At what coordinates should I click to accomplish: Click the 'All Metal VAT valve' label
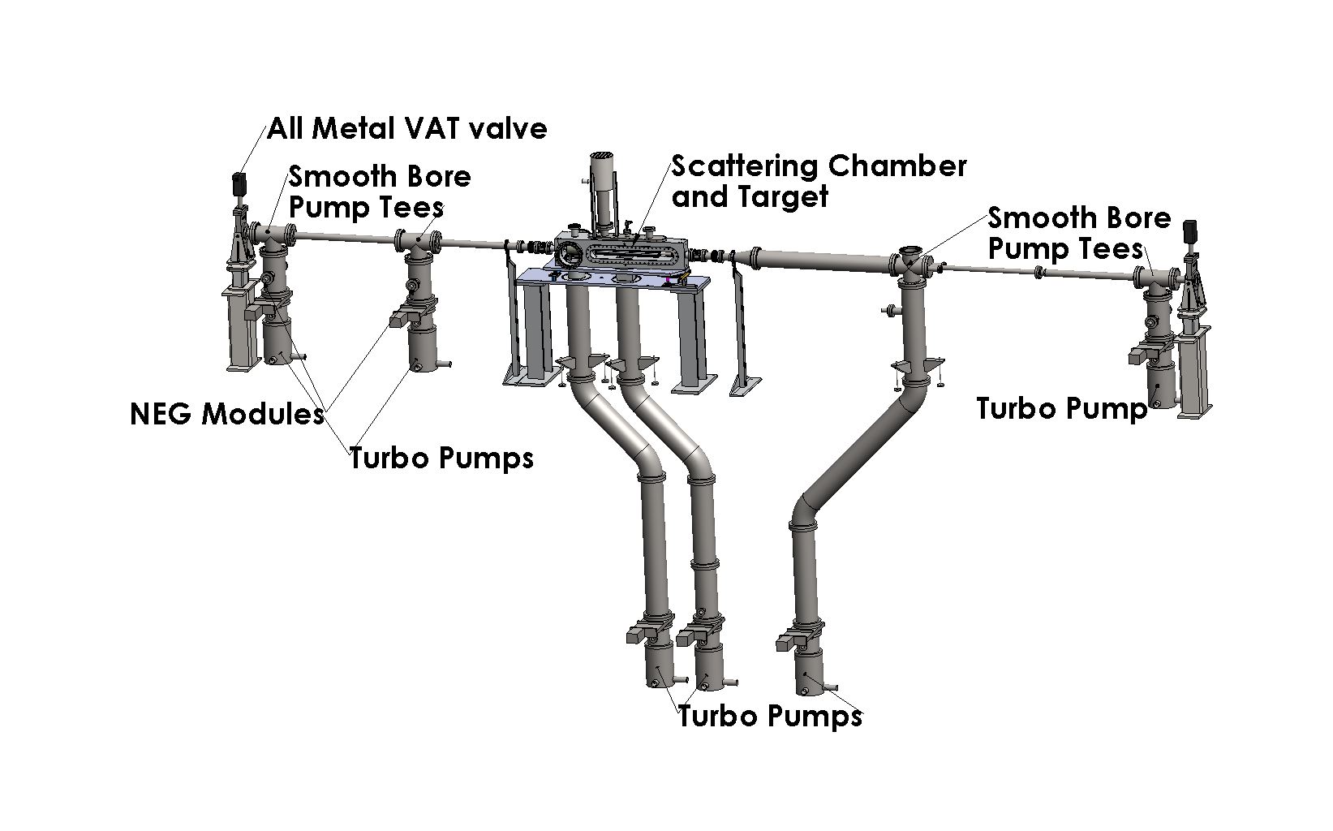(407, 128)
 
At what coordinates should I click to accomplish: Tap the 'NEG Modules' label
(227, 414)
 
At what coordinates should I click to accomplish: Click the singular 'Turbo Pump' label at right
(1061, 408)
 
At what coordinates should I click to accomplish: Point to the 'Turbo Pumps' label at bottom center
(770, 716)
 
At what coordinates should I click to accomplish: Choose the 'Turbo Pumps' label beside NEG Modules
(442, 458)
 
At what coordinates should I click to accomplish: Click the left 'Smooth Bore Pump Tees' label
(380, 192)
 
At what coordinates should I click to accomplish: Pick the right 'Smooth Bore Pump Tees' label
(1079, 233)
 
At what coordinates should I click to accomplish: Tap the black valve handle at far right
(1191, 230)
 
